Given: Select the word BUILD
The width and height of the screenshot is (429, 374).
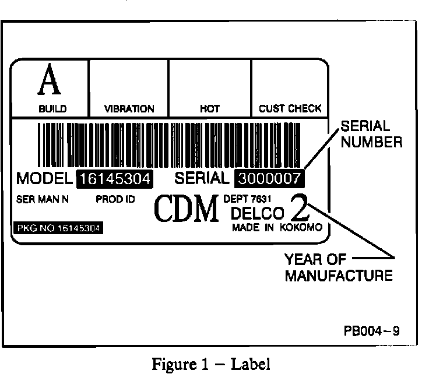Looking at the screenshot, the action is tap(52, 109).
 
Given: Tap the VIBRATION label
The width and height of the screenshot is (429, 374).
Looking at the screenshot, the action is tap(129, 109).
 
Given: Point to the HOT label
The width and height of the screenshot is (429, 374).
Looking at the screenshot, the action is tap(210, 109).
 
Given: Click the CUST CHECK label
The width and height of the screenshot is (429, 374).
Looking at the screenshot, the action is tap(290, 109).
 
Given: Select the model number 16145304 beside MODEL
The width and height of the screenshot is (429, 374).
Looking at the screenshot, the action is tap(115, 179).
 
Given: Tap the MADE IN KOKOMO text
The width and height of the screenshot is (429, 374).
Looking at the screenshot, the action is tap(276, 228).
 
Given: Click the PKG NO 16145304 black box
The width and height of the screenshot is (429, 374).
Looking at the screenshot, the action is tap(58, 228).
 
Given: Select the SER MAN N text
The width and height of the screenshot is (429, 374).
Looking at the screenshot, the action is tap(43, 199).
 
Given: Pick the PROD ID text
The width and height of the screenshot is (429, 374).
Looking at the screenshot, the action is tap(115, 199).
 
